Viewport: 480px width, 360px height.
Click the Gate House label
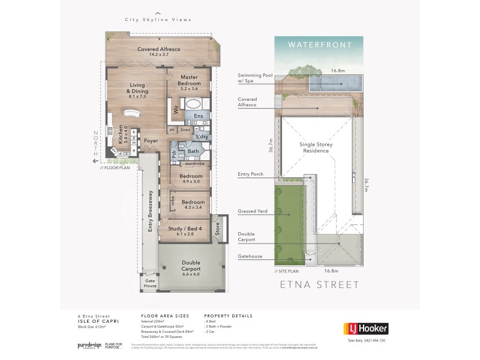[149, 283]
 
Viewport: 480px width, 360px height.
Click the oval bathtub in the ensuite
[194, 104]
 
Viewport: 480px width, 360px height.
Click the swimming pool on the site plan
[336, 83]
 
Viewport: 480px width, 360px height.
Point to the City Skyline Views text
[158, 20]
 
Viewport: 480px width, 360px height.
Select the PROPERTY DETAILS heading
[229, 315]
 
